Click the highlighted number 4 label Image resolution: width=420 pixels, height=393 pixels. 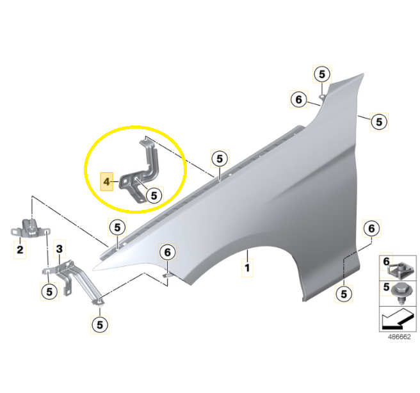pos(107,182)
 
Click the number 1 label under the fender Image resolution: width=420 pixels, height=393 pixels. pos(247,268)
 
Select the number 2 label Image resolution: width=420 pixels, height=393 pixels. pos(20,250)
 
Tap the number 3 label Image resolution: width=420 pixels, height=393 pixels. pos(60,249)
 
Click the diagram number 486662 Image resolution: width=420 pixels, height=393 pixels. pos(399,337)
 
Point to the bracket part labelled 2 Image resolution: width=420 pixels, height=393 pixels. pos(30,229)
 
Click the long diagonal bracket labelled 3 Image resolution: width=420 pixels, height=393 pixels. pos(77,281)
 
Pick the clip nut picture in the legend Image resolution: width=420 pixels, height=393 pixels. pos(401,269)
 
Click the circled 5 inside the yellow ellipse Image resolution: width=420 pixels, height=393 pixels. pos(154,195)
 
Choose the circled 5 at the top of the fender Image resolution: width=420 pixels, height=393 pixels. pos(322,74)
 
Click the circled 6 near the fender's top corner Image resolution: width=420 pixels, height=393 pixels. pos(298,100)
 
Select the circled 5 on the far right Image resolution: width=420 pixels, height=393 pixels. pos(379,122)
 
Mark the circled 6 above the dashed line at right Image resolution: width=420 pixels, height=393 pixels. pos(371,229)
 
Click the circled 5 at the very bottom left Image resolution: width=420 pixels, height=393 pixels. pos(100,325)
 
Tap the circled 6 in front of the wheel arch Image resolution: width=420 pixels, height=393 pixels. pos(167,252)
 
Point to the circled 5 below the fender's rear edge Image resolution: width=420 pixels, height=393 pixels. pos(344,294)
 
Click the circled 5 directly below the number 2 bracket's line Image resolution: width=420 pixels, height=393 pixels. pos(49,291)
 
